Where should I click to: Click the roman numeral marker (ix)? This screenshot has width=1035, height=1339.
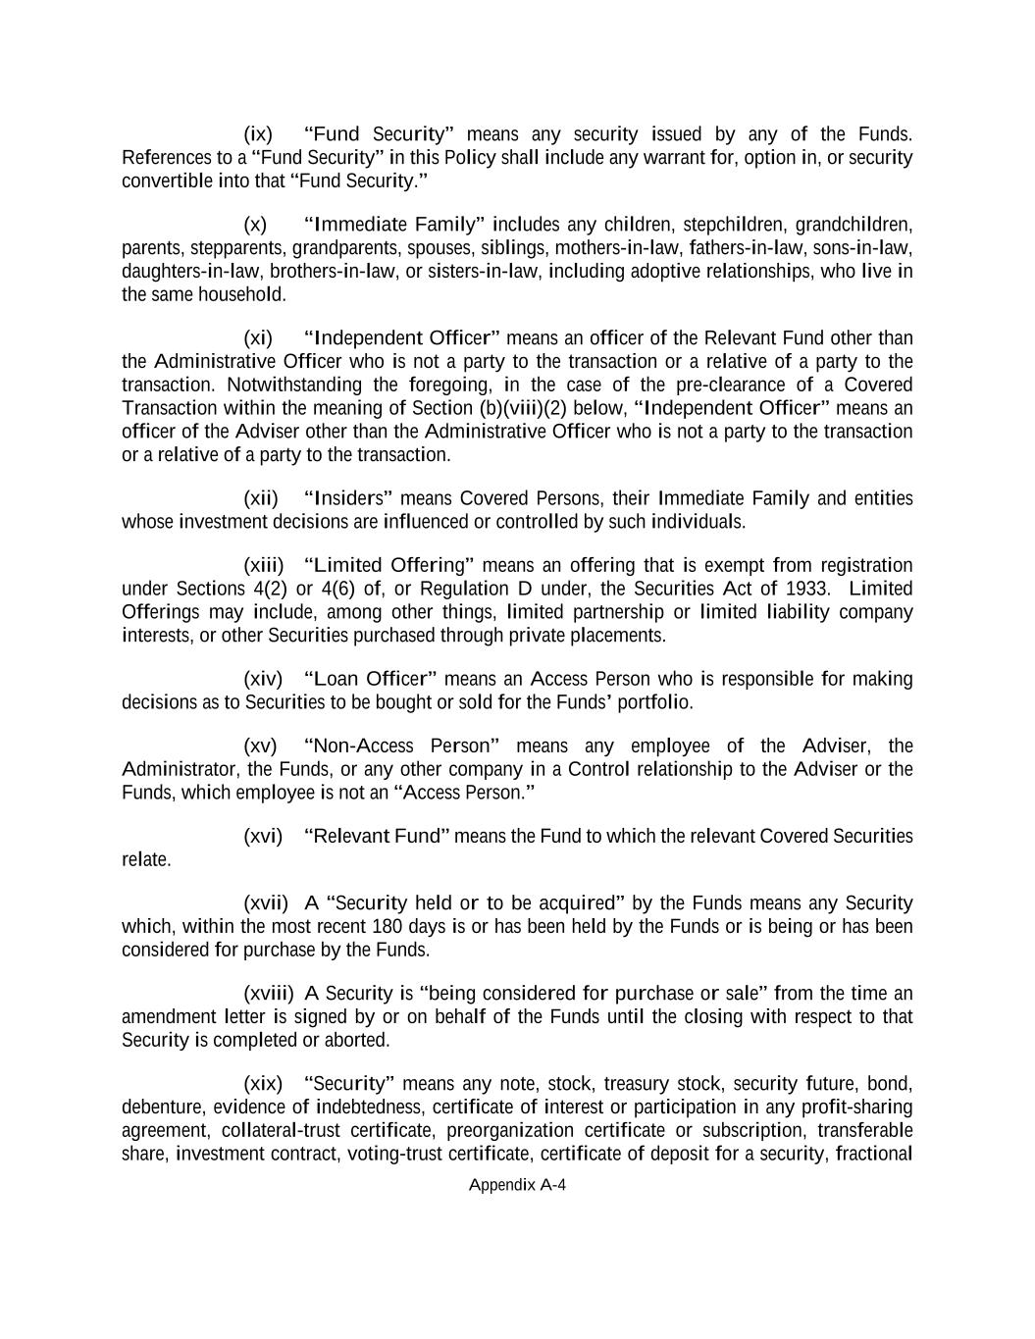pyautogui.click(x=257, y=133)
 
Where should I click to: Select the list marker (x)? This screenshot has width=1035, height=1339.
pyautogui.click(x=254, y=224)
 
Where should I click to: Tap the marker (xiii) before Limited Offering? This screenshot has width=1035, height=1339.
pyautogui.click(x=263, y=565)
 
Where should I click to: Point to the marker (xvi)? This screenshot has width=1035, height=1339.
pyautogui.click(x=262, y=836)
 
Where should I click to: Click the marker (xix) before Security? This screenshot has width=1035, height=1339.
pyautogui.click(x=262, y=1083)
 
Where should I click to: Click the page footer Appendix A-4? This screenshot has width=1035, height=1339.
pyautogui.click(x=517, y=1184)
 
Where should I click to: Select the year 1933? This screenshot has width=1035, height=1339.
pyautogui.click(x=808, y=589)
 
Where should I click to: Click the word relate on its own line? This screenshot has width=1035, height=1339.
pyautogui.click(x=146, y=859)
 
